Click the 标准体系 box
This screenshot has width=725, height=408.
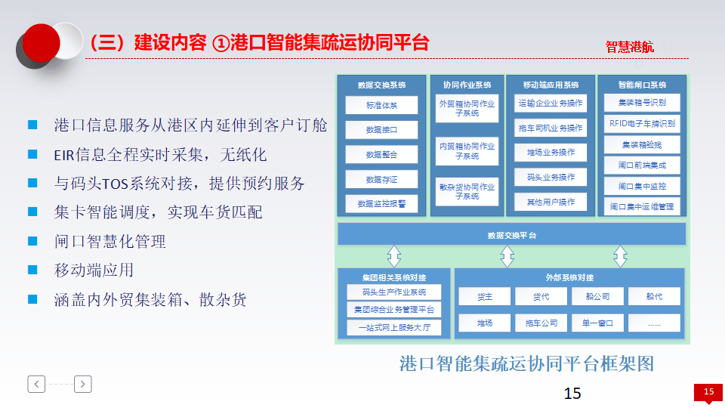[381, 105]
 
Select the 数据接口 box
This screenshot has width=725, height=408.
[381, 130]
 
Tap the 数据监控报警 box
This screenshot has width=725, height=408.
[381, 203]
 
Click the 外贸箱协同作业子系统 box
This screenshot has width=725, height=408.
[467, 109]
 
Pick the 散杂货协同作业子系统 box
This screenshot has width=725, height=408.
[467, 191]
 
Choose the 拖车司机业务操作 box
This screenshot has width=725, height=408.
[550, 128]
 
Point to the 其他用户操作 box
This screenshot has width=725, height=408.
[550, 202]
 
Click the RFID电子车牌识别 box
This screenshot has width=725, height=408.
[642, 123]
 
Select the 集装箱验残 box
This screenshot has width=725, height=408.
[642, 144]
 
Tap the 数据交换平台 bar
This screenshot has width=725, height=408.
[511, 235]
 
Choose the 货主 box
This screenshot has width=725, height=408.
[484, 297]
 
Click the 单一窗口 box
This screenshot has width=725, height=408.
[597, 323]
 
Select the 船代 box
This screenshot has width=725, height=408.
[653, 297]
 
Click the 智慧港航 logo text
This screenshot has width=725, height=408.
[629, 47]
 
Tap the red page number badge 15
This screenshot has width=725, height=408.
[708, 391]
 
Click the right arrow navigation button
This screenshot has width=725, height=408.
[83, 384]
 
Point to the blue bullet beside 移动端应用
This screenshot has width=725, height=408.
[32, 270]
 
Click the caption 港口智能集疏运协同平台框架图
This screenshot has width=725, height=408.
[526, 364]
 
